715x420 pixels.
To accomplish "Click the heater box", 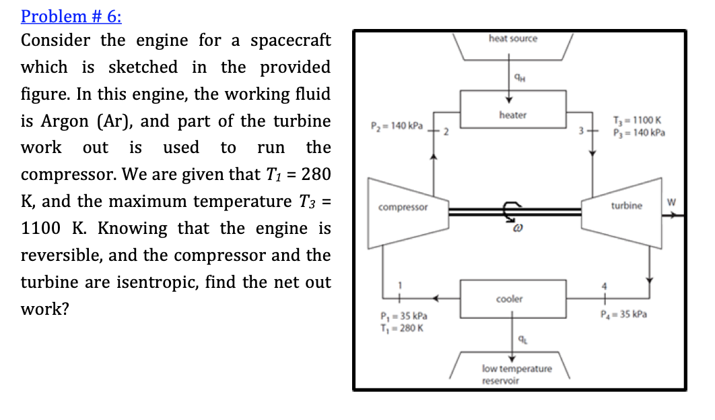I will [x=513, y=115].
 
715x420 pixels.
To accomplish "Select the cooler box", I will [x=509, y=298].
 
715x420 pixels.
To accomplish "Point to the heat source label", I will [x=513, y=38].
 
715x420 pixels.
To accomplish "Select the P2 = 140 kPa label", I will [x=396, y=126].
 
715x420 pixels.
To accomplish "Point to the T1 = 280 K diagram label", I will [x=400, y=328].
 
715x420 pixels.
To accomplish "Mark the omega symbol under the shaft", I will [x=512, y=232].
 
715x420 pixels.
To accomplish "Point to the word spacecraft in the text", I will [x=290, y=40].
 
